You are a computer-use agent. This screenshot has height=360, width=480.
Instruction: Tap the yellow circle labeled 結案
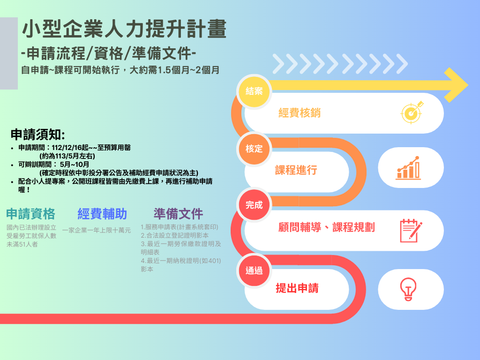coord(254,91)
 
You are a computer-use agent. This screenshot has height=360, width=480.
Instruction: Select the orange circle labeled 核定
coord(254,149)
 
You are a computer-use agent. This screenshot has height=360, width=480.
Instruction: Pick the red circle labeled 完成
coord(254,205)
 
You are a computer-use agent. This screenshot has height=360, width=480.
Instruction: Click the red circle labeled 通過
coord(254,270)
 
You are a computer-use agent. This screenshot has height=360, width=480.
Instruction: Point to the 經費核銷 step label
coord(300,113)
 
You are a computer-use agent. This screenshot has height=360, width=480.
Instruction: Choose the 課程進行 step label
coord(296,170)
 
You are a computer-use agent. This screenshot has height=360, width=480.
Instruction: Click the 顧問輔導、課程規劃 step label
coord(326,227)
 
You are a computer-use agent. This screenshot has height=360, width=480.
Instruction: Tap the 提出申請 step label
coord(297,288)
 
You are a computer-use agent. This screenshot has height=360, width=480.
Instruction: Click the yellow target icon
coord(412,112)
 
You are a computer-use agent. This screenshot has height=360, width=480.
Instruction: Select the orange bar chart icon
coord(408,168)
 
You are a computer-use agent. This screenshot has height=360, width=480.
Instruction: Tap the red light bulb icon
coord(408,289)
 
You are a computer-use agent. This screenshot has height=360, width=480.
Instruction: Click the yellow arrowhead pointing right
coord(456,85)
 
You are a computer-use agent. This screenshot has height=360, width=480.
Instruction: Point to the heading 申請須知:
coord(38,135)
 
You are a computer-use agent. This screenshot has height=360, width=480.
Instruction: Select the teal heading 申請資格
coord(30,214)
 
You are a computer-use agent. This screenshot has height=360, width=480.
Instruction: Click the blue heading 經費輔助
coord(102,214)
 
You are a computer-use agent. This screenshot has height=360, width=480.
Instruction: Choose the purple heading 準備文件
coord(178,214)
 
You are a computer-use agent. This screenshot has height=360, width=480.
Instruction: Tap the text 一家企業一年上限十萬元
coord(97,230)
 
